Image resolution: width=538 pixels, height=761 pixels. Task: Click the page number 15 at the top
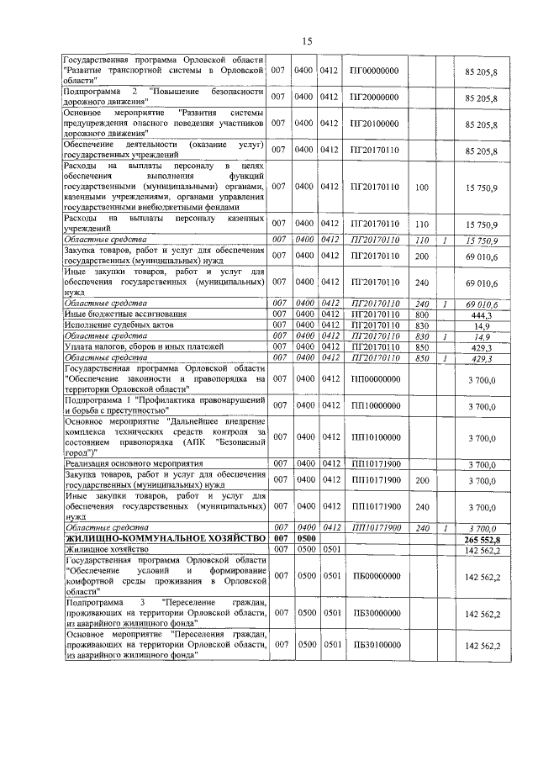coord(307,41)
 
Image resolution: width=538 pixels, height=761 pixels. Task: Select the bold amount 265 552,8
coord(481,538)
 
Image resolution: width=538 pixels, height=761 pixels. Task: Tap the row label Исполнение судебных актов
coord(115,325)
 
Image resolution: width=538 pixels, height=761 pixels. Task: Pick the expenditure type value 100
coord(422,187)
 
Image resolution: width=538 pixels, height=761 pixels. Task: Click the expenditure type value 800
coord(422,314)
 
